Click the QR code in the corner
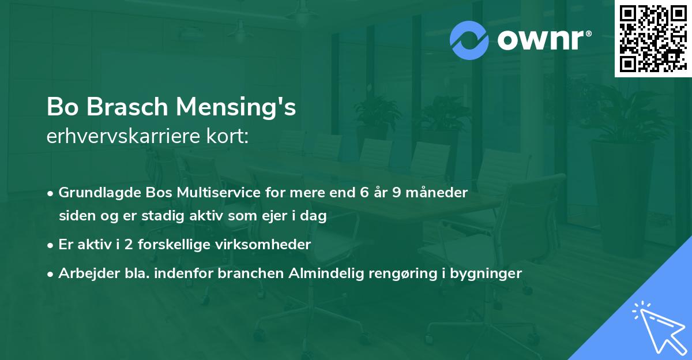click(x=653, y=39)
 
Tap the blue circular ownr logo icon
click(x=469, y=40)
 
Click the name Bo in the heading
click(x=61, y=108)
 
